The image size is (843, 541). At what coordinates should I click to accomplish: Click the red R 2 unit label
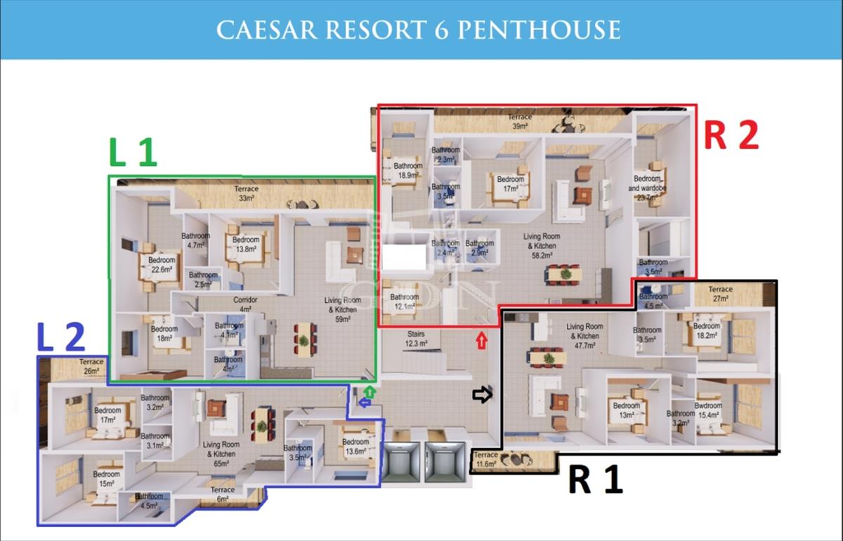point(731,136)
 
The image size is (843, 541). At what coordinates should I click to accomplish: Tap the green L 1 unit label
point(132,152)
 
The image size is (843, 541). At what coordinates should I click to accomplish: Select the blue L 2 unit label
point(60,338)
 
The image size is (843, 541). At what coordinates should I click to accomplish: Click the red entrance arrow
point(481,341)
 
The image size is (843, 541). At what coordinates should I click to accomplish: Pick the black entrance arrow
point(483,396)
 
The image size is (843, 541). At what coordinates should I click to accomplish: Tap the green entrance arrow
point(370,391)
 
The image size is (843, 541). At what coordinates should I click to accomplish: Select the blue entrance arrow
point(364,402)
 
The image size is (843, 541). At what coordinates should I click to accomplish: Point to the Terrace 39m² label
point(520,121)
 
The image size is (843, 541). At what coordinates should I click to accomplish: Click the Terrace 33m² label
point(246,193)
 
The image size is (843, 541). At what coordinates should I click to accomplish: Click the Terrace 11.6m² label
point(486,459)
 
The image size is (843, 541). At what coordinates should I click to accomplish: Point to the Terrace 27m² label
point(720,294)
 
